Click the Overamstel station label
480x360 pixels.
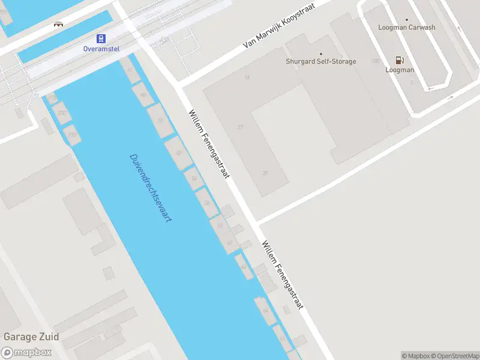coord(102,48)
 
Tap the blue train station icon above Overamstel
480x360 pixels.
coord(102,38)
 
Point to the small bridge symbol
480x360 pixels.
coord(58,24)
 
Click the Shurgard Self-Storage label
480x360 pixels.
coord(320,61)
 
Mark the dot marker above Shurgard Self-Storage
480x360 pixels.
coord(320,53)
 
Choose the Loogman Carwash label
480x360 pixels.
coord(407,27)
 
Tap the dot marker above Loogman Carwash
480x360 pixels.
coord(407,19)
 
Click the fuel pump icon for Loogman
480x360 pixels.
coord(399,60)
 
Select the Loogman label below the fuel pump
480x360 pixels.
coord(400,70)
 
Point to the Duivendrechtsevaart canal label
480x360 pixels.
coord(151,188)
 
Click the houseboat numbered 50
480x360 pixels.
coord(160,121)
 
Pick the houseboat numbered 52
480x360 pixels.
coord(178,153)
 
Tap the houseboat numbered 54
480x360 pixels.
coord(193,178)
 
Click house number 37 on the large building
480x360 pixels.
coord(241,127)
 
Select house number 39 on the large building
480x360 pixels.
coord(265,173)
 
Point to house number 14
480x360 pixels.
coord(247,77)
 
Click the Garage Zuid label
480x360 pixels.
coord(31,337)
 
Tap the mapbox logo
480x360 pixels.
coord(26,353)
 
